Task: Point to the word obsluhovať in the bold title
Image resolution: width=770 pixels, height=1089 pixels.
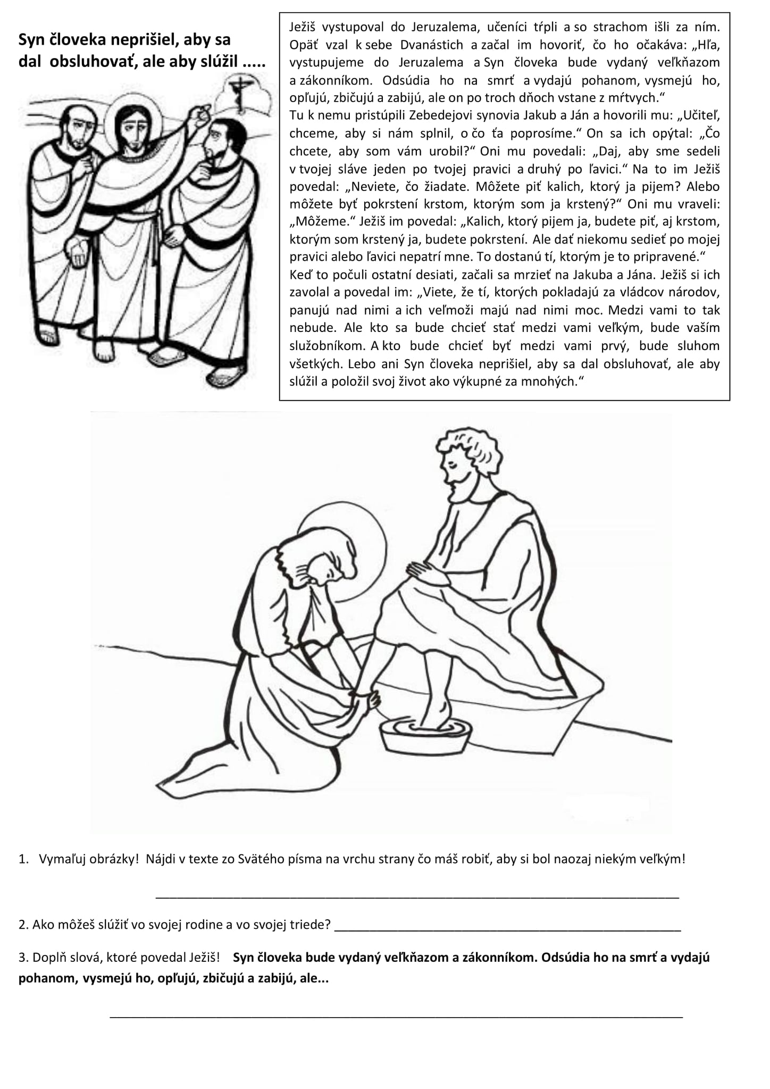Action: coord(93,62)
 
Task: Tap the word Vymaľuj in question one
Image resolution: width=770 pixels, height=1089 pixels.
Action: coord(61,859)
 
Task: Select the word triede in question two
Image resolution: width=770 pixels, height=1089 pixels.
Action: coord(305,924)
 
